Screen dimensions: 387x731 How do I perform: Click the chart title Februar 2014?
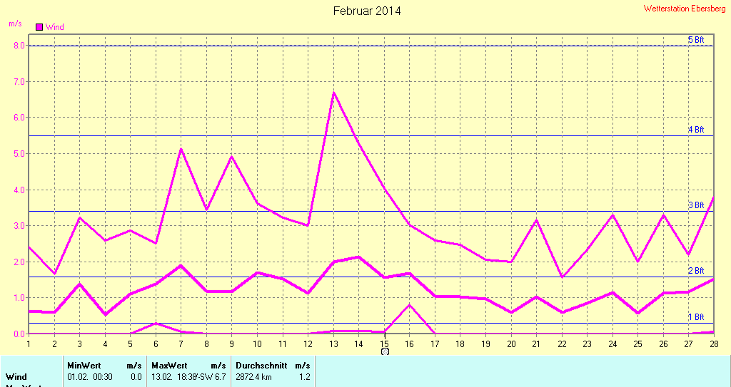(x=367, y=11)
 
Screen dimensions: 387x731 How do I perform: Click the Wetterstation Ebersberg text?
(x=685, y=9)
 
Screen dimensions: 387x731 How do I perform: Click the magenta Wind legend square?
(x=39, y=27)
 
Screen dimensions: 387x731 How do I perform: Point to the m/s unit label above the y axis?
(x=15, y=23)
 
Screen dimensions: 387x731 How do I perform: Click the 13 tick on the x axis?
(x=333, y=344)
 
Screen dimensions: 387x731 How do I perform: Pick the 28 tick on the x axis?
(x=712, y=344)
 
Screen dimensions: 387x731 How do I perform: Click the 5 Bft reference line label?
(x=695, y=40)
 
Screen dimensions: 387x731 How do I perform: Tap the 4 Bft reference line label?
(x=695, y=130)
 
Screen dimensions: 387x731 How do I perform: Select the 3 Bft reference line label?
(x=695, y=205)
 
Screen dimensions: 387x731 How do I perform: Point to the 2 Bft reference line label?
(x=695, y=271)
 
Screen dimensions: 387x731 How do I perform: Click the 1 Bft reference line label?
(x=695, y=317)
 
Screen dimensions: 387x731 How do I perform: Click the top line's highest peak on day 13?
(x=333, y=93)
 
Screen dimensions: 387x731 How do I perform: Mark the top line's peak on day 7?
(x=181, y=149)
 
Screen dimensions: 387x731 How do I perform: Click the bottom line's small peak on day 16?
(x=410, y=305)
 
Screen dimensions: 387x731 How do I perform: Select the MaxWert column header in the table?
(x=168, y=365)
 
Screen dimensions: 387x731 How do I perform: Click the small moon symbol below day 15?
(x=385, y=351)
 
